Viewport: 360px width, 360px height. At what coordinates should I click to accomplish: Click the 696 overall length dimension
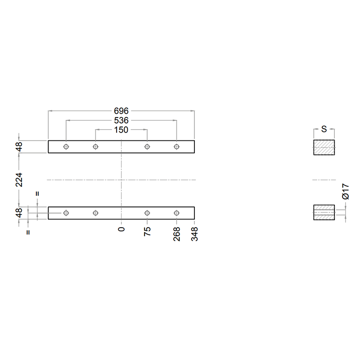point(121,111)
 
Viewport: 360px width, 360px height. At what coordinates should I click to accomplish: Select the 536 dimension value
point(121,121)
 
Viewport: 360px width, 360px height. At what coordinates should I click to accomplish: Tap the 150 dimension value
point(121,130)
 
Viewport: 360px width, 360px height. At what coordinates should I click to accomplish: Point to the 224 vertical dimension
point(19,180)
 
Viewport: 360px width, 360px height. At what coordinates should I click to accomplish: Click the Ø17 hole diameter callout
point(346,191)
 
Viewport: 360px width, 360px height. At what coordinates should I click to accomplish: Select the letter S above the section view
point(324,129)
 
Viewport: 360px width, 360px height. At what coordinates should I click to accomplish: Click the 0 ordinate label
point(121,229)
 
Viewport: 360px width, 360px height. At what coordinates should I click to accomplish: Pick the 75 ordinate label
point(148,231)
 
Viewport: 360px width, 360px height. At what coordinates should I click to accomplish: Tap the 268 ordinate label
point(177,234)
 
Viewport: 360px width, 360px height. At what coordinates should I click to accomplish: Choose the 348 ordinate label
point(194,234)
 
